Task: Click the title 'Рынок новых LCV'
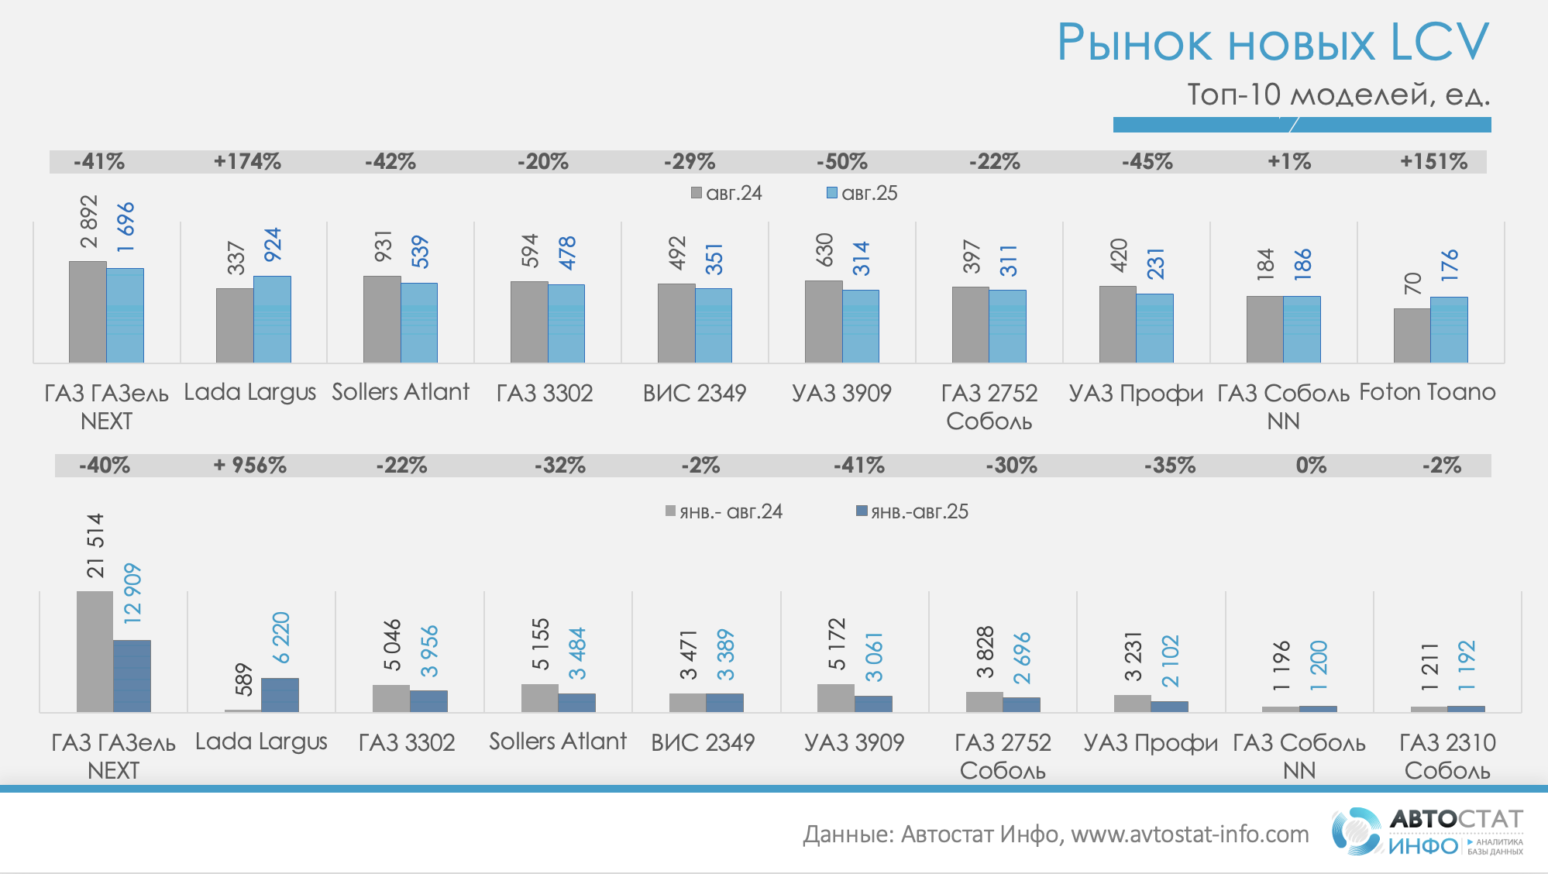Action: [1272, 42]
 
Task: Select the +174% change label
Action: [247, 161]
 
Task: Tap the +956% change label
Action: [250, 465]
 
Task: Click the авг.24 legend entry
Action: [727, 193]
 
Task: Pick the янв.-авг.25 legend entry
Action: [913, 511]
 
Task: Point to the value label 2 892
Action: [89, 222]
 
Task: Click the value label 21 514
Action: [95, 545]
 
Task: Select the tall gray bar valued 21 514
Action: [95, 651]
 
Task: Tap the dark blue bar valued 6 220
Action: [280, 695]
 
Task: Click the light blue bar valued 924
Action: [272, 319]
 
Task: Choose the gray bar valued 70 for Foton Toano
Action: [1412, 335]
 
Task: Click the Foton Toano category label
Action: [1427, 392]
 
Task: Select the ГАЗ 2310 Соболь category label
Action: [1447, 756]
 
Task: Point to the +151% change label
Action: [1433, 161]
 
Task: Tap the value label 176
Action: [1449, 265]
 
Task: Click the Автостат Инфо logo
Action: [1427, 832]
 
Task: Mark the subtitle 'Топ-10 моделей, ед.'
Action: [1338, 95]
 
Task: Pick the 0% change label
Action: [1311, 465]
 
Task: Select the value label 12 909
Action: [132, 594]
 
